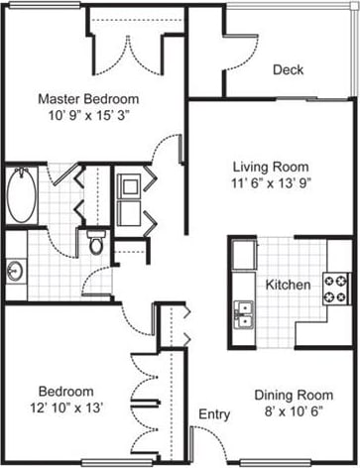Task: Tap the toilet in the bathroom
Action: (96, 241)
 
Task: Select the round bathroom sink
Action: (14, 270)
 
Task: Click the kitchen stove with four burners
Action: (335, 288)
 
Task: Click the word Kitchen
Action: (289, 286)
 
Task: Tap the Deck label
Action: (288, 69)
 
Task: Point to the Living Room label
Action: (270, 166)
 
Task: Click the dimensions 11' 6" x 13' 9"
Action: (270, 182)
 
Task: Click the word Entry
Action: (214, 413)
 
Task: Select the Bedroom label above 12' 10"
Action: (66, 391)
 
